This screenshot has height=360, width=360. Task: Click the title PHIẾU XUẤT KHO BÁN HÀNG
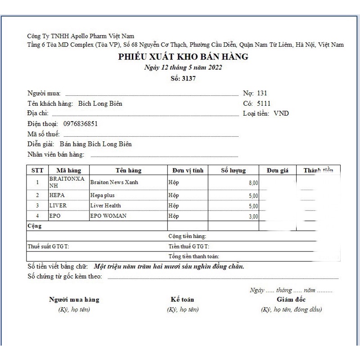183,57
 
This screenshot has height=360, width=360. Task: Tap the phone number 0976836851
81,123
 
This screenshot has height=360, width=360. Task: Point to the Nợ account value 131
262,94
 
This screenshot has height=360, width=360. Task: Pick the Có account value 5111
264,103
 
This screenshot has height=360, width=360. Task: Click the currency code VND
281,113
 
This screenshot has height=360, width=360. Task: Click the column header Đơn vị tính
188,171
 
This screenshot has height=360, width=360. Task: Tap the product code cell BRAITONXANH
67,182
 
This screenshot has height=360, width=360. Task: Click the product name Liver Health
105,206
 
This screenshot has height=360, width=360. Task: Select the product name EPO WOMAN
108,216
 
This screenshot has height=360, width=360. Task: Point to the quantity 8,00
253,183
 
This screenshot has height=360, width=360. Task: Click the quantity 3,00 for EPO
253,216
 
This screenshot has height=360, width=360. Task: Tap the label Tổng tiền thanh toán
187,256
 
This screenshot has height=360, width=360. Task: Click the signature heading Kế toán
182,300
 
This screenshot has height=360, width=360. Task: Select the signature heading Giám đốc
291,300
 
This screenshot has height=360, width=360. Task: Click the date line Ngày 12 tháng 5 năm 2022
183,67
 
